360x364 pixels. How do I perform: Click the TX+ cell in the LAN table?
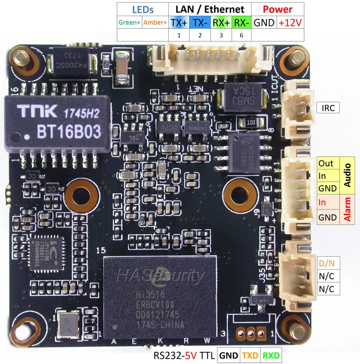(180, 22)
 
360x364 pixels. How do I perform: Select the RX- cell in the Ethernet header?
(241, 22)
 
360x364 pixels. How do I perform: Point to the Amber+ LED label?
(155, 22)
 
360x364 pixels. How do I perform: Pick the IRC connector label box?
(327, 108)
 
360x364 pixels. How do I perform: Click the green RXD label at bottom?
(271, 356)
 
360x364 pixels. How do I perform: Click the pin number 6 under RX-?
(241, 35)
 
